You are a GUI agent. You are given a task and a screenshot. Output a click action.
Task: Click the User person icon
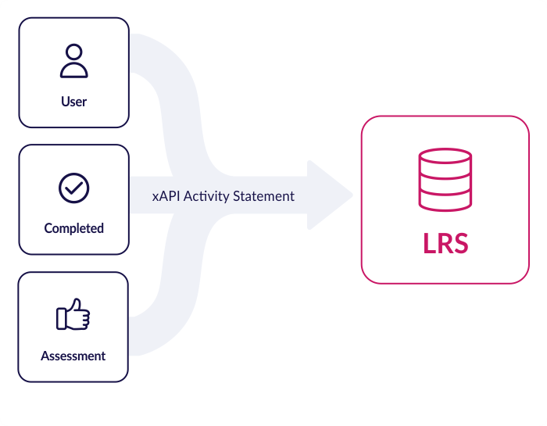click(x=73, y=61)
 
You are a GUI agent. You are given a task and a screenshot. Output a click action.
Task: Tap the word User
click(x=73, y=102)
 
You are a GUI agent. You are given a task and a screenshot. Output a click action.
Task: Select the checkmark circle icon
click(x=74, y=188)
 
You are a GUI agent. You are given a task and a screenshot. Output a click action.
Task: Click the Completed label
click(x=74, y=228)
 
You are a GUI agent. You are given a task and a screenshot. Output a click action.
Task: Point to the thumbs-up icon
click(x=73, y=315)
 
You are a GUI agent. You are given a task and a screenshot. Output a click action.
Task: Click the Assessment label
click(x=73, y=356)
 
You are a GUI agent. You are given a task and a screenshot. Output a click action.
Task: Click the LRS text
click(x=445, y=243)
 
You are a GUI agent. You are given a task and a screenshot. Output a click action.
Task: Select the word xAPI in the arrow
click(x=166, y=196)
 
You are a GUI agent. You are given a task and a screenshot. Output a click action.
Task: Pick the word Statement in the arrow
click(x=264, y=196)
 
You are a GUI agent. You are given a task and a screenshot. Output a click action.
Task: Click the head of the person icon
click(x=73, y=52)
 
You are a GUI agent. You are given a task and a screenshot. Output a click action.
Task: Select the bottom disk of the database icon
click(x=445, y=202)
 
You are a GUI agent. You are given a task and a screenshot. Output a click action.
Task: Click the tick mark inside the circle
click(x=74, y=188)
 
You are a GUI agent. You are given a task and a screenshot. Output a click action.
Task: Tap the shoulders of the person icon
click(x=73, y=70)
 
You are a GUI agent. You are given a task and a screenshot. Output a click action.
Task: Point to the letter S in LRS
click(x=460, y=243)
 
